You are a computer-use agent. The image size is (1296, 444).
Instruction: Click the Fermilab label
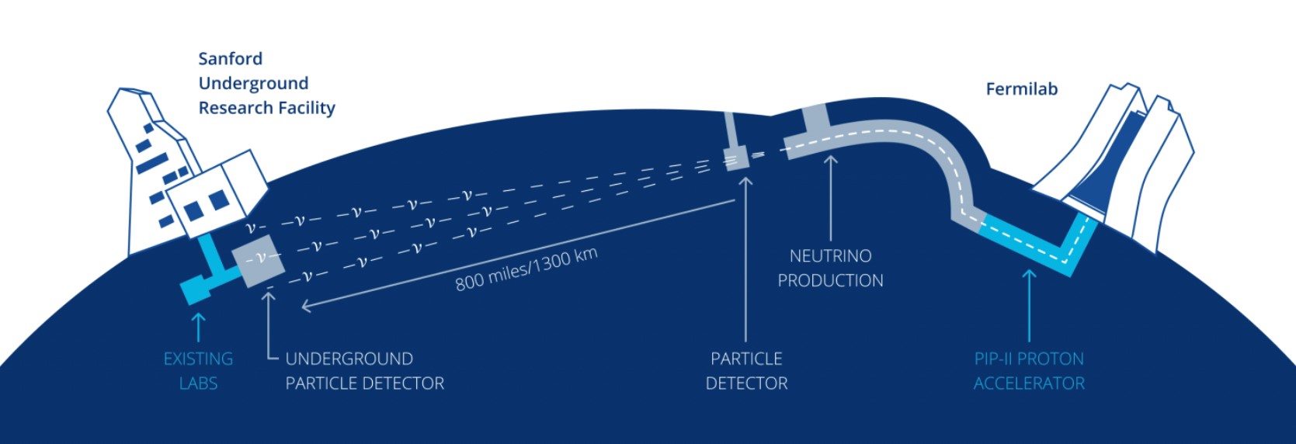pos(1021,89)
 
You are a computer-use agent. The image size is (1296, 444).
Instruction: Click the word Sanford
pos(230,59)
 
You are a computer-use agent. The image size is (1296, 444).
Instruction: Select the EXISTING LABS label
pos(198,370)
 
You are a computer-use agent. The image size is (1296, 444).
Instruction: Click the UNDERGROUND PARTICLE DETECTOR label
pos(364,370)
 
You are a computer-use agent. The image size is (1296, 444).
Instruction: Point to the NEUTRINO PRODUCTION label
pos(830,268)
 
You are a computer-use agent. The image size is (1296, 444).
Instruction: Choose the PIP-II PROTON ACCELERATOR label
pos(1029,370)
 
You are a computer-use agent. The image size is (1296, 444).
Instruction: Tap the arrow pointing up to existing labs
pos(198,326)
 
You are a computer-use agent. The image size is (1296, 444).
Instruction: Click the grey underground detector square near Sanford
pos(259,259)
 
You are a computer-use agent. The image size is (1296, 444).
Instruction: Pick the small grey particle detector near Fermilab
pos(736,158)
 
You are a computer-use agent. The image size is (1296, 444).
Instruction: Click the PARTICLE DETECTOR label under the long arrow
pos(746,370)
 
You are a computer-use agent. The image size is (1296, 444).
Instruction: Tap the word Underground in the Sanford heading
pos(253,84)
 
